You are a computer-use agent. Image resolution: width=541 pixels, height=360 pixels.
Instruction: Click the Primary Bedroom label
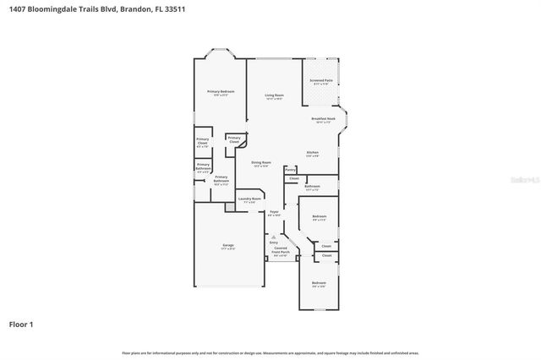tap(221, 91)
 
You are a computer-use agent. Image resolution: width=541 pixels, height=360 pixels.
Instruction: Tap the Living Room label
tap(273, 95)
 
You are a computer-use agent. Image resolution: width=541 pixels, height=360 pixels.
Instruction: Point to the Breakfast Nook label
tap(324, 119)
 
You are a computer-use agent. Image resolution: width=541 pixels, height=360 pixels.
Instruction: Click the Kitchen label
tap(312, 153)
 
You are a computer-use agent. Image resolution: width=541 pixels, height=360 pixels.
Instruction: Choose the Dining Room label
tap(260, 162)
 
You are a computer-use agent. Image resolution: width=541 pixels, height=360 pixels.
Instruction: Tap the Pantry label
tap(290, 170)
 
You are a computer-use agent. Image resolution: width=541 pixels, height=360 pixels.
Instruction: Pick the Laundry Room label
tap(249, 199)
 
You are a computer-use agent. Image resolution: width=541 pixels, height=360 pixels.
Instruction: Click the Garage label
tap(228, 246)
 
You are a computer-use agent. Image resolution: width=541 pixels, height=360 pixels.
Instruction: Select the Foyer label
tap(273, 212)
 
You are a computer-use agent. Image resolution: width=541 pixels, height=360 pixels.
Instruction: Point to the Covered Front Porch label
tap(281, 251)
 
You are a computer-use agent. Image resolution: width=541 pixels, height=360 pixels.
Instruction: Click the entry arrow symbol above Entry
tap(273, 237)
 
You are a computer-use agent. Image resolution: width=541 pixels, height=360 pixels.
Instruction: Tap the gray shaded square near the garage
tap(229, 206)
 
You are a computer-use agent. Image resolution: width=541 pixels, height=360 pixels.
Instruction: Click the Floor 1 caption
tap(22, 324)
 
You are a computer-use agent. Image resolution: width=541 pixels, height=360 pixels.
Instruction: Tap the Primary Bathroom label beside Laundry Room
tap(221, 179)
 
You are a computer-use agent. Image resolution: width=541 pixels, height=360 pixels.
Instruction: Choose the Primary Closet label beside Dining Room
tap(234, 139)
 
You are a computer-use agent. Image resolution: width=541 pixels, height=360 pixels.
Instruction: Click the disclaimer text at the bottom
tap(270, 352)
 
